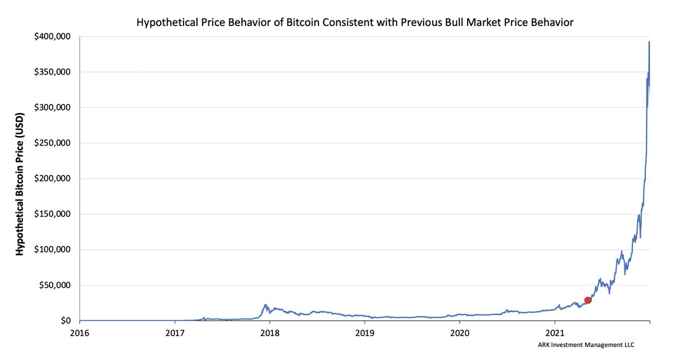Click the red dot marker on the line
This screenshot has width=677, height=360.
point(588,300)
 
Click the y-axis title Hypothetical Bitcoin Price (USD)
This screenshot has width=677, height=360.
point(20,178)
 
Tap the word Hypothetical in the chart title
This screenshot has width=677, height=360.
point(163,23)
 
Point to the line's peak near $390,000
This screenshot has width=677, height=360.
point(649,42)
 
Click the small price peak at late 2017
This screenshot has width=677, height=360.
point(265,305)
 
